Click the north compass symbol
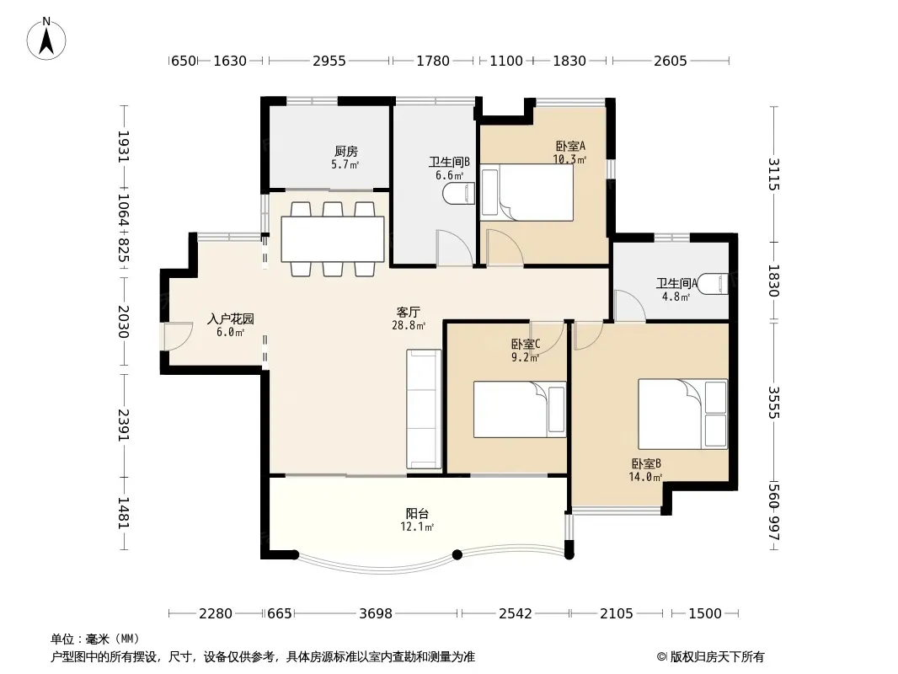[x=46, y=39]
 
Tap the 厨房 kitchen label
[x=346, y=151]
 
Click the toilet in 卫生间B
[x=459, y=194]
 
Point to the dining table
[x=333, y=238]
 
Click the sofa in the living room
[x=424, y=409]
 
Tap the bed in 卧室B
[x=682, y=414]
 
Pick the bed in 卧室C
[x=520, y=409]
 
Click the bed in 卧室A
[x=527, y=193]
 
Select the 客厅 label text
[x=409, y=312]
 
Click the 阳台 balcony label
[x=417, y=514]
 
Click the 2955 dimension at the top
[x=329, y=61]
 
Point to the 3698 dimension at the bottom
[x=376, y=613]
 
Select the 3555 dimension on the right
[x=773, y=403]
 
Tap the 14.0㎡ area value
[x=645, y=477]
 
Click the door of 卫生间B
[x=454, y=248]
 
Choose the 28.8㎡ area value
[x=409, y=326]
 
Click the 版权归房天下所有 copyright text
[x=717, y=657]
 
